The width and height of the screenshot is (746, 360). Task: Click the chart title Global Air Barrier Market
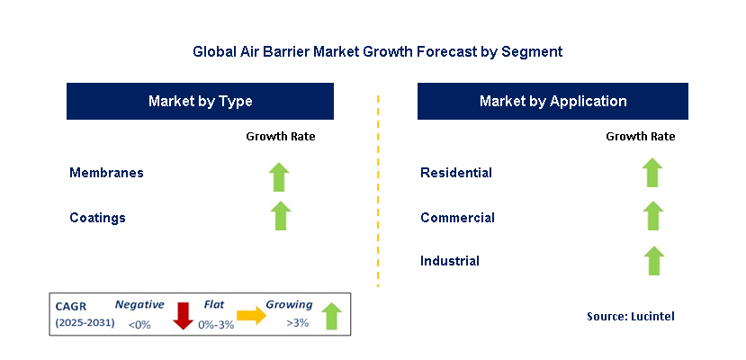coord(377,51)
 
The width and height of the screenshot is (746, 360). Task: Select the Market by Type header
coord(200,102)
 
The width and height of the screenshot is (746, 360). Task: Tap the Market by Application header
coord(553,102)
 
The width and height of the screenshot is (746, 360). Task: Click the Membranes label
coord(106,172)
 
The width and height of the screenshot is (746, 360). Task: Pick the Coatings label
coord(97,217)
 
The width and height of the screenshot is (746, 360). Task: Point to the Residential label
coord(456,172)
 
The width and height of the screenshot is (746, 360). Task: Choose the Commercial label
coord(457,217)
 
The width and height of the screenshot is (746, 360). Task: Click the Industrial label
coord(450,261)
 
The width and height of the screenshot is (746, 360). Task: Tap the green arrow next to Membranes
coord(280,176)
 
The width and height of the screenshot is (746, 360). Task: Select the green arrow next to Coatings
coord(280,216)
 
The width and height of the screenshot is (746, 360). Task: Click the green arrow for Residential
coord(653,173)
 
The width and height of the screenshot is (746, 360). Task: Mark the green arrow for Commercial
coord(653,216)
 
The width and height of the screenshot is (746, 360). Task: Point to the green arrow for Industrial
coord(653,261)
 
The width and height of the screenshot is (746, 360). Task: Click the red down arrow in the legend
coord(184,315)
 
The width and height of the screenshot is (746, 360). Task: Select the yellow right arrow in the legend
coord(251,315)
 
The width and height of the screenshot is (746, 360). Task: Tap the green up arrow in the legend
coord(331,315)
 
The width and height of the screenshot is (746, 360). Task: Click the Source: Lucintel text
coord(630,316)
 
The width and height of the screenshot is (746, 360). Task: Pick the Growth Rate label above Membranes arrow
coord(280,137)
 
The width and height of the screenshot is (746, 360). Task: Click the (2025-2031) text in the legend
coord(85,322)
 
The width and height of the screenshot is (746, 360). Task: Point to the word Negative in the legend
coord(139,305)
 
